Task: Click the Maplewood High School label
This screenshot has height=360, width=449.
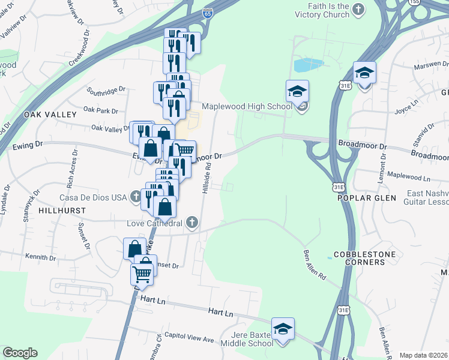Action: coord(246,106)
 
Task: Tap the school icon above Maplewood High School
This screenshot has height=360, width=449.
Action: coord(297,92)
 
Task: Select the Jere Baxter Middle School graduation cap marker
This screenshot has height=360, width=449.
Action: coord(283,329)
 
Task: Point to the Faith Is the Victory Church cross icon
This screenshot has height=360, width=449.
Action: coord(358,9)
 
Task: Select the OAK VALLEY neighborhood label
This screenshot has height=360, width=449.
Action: coord(50,115)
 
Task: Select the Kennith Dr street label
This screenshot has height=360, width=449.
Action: coord(41,257)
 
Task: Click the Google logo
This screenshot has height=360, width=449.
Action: coord(20,353)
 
